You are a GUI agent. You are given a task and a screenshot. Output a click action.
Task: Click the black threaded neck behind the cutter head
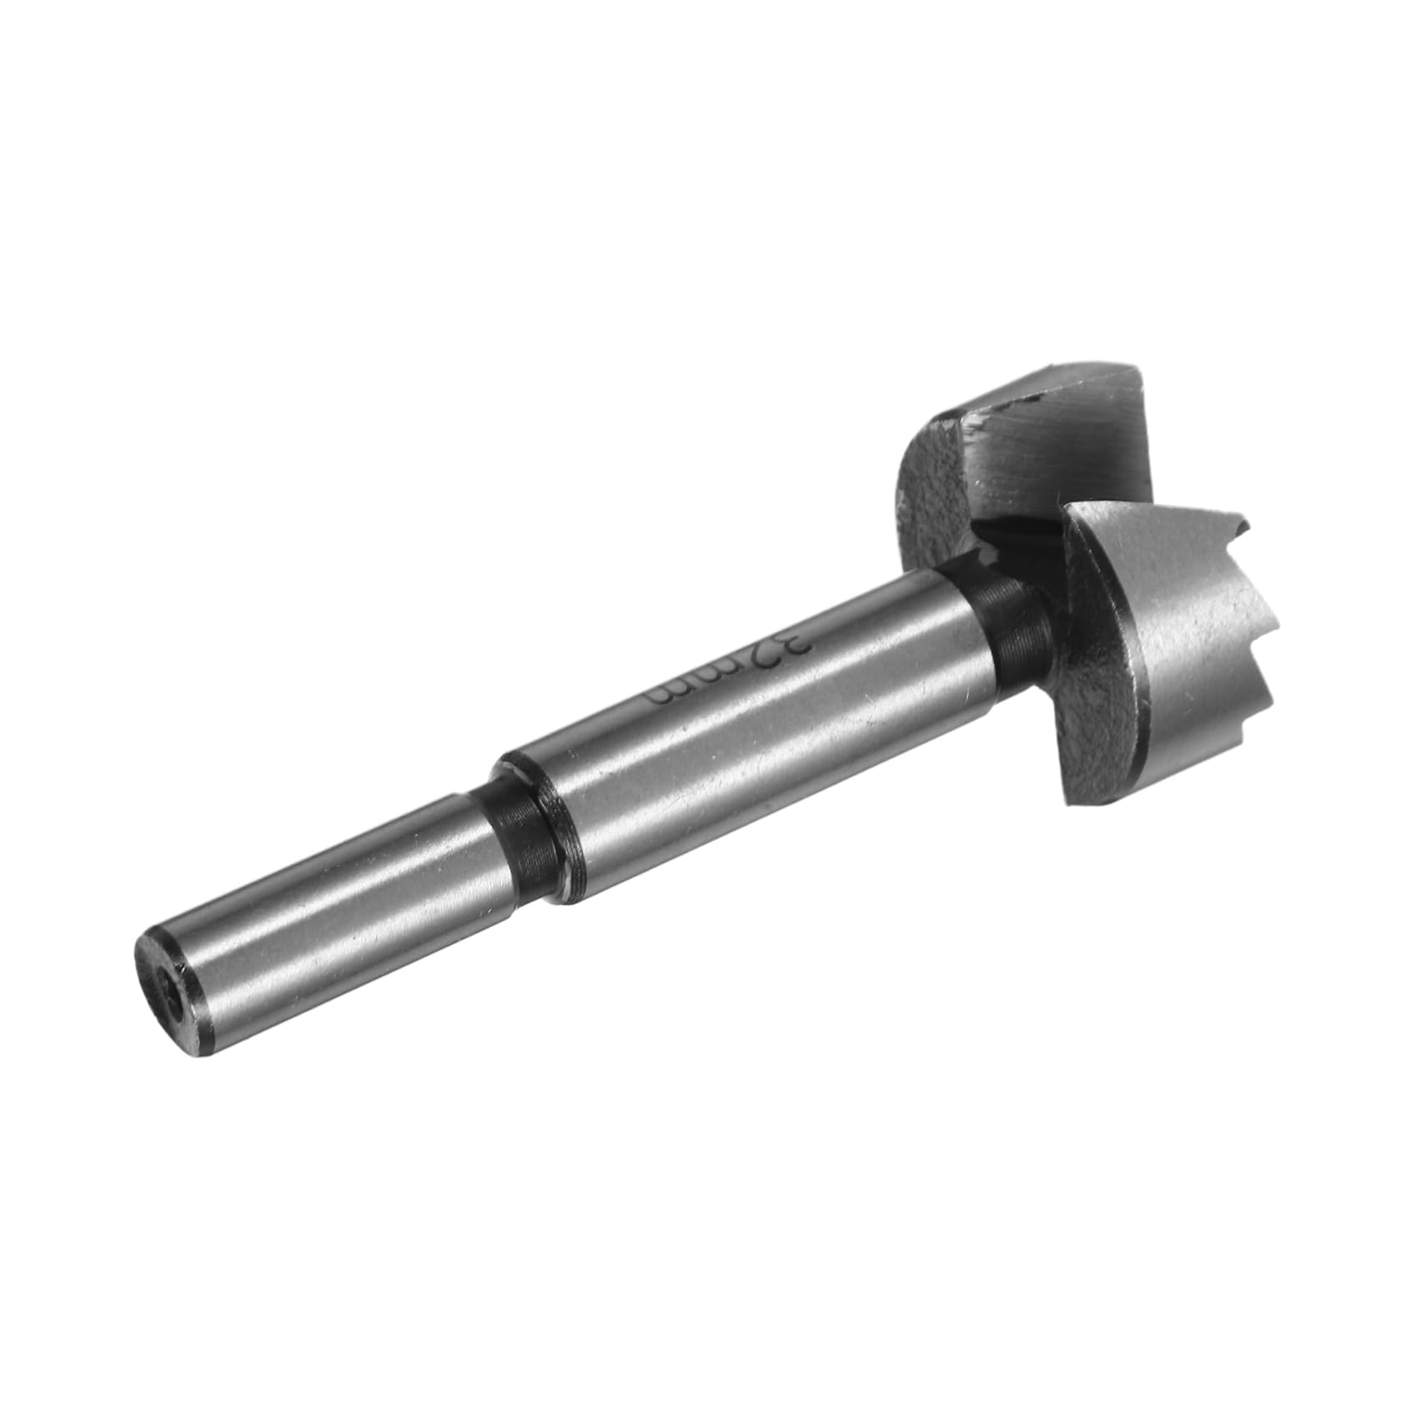(x=1009, y=625)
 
